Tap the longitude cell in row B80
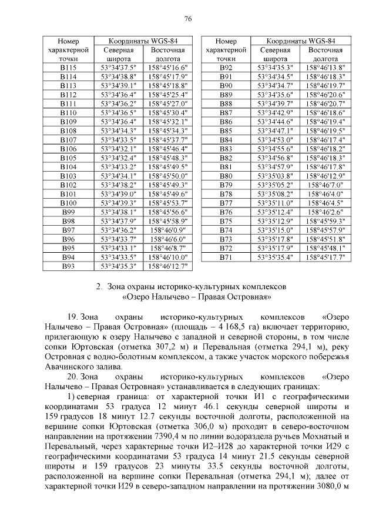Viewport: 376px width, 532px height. (x=325, y=176)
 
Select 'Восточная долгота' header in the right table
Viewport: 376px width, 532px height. (x=325, y=55)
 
